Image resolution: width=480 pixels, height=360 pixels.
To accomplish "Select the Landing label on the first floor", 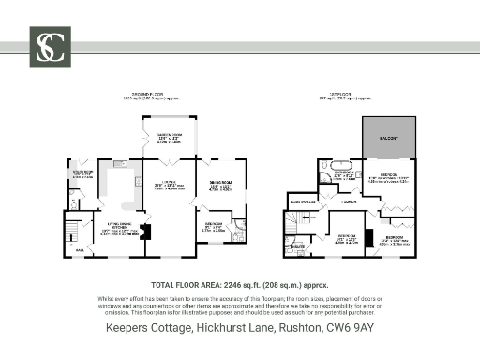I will [x=349, y=201].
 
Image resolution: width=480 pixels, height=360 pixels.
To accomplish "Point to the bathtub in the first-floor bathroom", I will [x=325, y=173].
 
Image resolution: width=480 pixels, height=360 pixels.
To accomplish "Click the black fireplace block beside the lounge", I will [x=143, y=232].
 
